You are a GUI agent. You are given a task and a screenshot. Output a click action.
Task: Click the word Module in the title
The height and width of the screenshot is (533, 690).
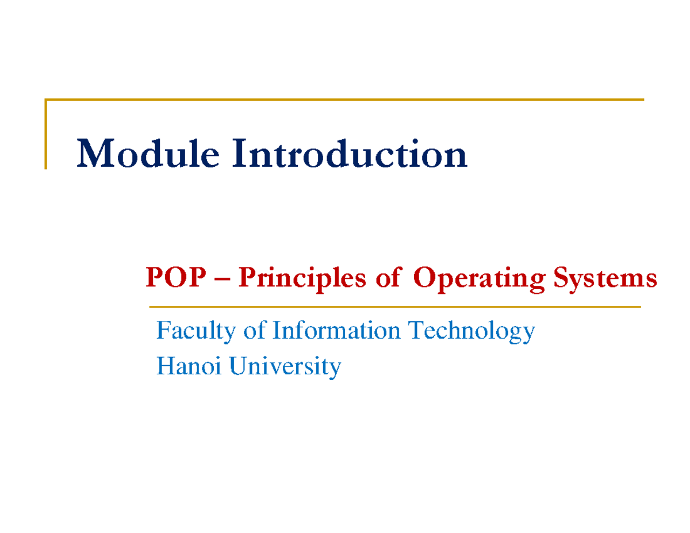point(148,153)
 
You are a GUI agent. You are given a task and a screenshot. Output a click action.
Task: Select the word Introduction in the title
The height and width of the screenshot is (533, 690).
point(350,153)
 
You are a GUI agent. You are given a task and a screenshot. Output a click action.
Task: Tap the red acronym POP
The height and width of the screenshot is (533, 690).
point(175,277)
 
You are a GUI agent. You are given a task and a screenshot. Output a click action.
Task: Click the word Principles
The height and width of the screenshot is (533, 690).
point(302,279)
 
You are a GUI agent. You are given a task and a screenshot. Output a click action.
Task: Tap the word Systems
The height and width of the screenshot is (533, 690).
point(605,280)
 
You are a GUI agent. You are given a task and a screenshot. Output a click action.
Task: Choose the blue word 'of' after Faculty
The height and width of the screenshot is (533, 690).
point(254,330)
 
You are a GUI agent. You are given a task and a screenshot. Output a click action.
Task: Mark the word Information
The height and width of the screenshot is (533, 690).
point(336,330)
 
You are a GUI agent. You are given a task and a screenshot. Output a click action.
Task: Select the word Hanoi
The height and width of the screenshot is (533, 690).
point(189,366)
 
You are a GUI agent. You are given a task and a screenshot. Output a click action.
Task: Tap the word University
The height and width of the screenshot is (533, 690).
point(285,367)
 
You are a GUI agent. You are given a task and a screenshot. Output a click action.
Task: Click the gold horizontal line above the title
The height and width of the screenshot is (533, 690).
point(344,99)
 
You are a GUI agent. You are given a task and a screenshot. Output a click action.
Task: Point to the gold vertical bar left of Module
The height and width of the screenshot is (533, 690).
point(46,134)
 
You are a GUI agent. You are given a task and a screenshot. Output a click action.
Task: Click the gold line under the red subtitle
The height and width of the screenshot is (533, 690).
point(395,307)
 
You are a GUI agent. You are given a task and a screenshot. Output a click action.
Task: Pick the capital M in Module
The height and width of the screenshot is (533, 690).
point(95,153)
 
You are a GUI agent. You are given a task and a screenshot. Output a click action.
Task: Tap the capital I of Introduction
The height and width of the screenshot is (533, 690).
point(240,153)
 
